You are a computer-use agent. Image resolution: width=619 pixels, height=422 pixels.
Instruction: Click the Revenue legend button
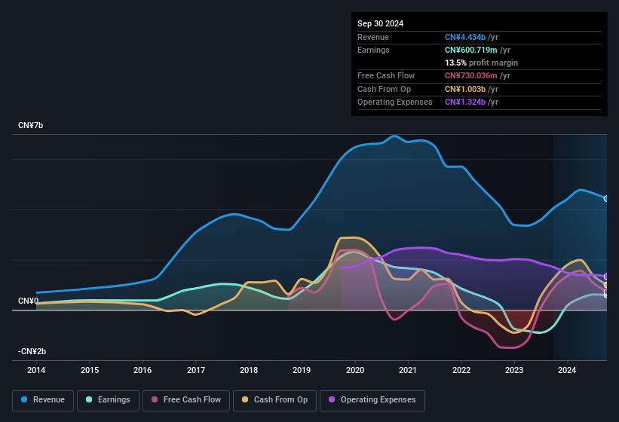[x=43, y=400]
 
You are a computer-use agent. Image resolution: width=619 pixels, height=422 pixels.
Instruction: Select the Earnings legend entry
[x=108, y=400]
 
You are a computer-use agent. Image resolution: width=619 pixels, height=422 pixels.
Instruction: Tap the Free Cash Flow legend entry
[x=186, y=400]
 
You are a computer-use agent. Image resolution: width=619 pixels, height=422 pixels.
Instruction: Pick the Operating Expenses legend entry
[x=372, y=400]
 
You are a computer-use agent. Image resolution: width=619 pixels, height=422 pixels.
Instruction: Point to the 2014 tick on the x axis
[x=36, y=370]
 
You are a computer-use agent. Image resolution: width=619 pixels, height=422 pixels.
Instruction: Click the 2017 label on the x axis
[x=196, y=370]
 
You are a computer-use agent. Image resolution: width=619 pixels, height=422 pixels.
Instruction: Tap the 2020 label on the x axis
[x=355, y=370]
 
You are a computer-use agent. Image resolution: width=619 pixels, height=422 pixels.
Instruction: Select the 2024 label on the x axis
[x=567, y=370]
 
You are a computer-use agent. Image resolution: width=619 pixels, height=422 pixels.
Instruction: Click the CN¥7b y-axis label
[x=31, y=125]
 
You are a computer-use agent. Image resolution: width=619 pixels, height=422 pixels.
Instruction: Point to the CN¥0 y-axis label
[x=28, y=301]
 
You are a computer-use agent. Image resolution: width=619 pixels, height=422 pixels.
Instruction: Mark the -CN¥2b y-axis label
[x=32, y=351]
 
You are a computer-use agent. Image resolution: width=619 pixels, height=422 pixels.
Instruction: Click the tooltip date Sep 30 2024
[x=380, y=23]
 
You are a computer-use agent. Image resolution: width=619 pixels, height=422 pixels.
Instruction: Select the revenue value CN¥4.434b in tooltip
[x=465, y=37]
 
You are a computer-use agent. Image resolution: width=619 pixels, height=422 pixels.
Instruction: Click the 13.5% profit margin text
[x=481, y=63]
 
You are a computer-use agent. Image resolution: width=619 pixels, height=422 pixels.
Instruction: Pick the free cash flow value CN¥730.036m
[x=472, y=75]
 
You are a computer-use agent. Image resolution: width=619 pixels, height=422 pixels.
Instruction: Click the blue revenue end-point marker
[x=606, y=199]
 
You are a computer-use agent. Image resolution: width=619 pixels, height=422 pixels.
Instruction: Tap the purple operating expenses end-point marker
[x=606, y=277]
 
